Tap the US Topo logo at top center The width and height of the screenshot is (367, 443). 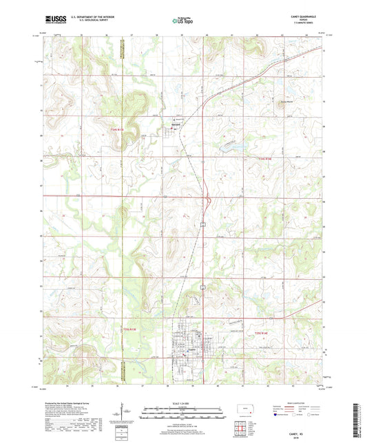click(182, 20)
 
